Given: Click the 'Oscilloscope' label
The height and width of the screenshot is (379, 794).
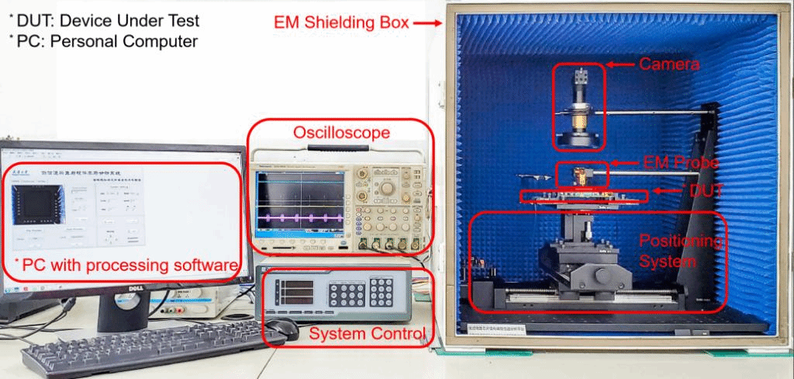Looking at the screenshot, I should (340, 134).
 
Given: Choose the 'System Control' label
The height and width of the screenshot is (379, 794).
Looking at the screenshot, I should (367, 335).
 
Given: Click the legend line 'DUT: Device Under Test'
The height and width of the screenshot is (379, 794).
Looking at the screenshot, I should (109, 20).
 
